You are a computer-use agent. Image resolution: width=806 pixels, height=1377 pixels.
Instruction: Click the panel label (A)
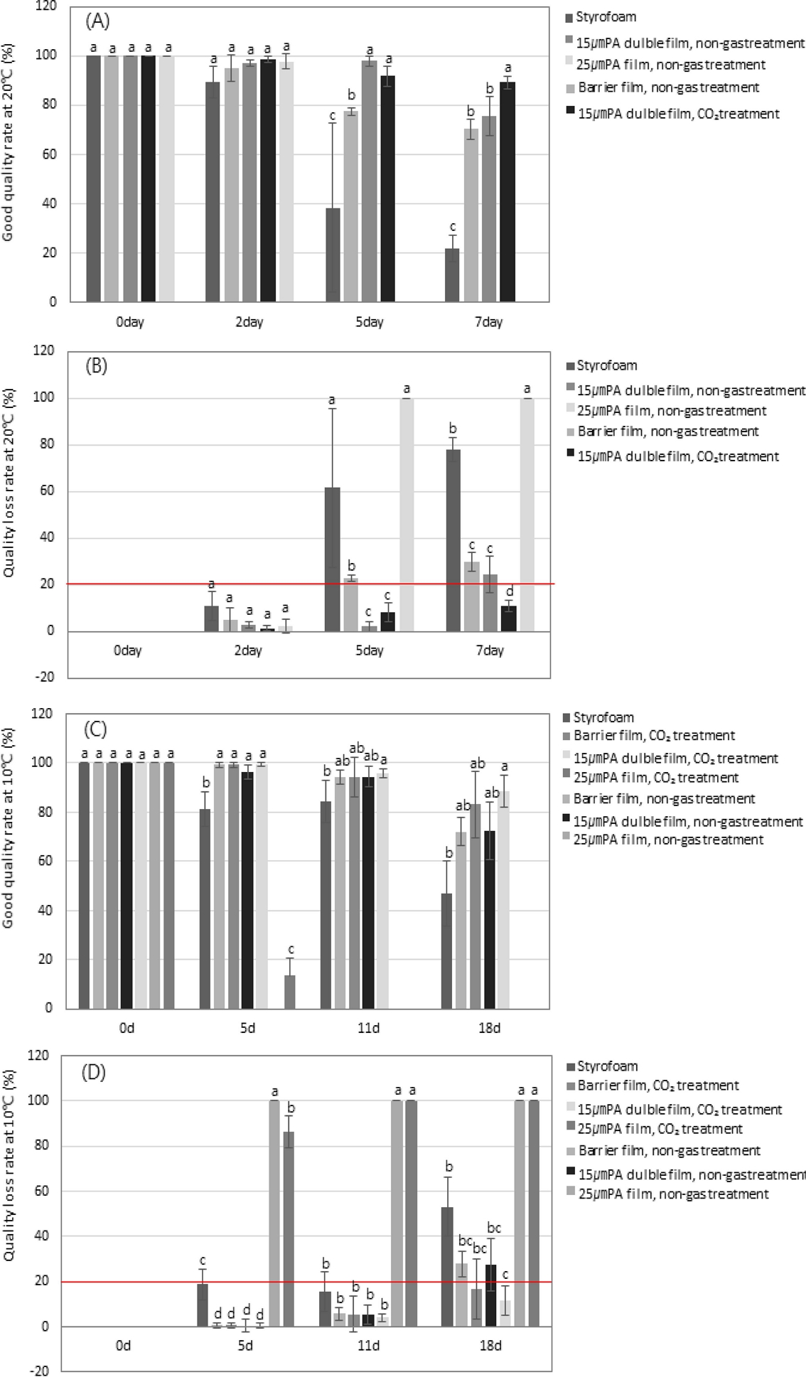[x=97, y=21]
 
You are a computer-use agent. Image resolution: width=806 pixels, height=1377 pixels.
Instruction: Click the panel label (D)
[x=94, y=1071]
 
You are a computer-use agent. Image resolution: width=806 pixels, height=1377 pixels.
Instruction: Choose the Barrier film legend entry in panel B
[x=667, y=432]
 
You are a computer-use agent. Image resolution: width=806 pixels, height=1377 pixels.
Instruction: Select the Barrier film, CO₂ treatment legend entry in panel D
[x=658, y=1086]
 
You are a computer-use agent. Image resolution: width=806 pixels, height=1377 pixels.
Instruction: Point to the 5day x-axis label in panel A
[x=369, y=322]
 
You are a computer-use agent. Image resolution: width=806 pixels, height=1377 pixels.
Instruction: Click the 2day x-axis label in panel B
[x=248, y=650]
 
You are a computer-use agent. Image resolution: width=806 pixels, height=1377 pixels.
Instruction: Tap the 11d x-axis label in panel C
[x=368, y=1028]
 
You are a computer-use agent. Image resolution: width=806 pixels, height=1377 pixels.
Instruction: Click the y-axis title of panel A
[x=9, y=151]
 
